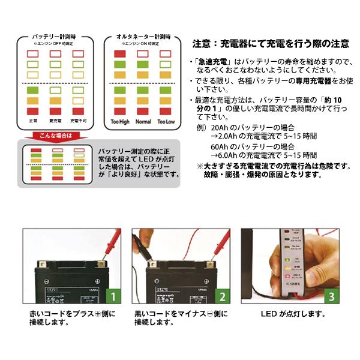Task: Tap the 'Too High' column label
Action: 119,122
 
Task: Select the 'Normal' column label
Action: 143,122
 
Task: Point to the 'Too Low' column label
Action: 166,122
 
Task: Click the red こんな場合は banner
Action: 56,136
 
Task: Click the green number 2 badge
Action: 221,296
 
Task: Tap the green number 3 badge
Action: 330,296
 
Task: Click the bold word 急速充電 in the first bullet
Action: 211,62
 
